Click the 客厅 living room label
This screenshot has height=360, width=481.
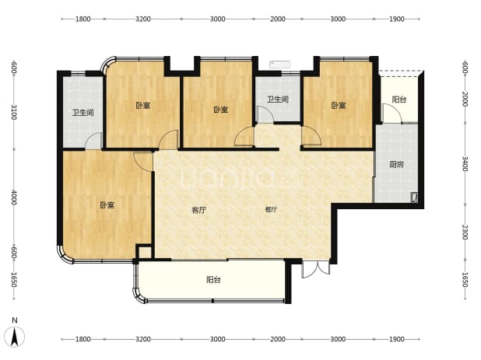click(x=198, y=210)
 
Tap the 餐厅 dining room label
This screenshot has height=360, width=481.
click(x=271, y=210)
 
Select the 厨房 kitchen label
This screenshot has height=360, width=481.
click(x=396, y=165)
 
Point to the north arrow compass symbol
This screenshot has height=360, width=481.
click(x=15, y=337)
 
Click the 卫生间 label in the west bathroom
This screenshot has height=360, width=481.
click(x=83, y=113)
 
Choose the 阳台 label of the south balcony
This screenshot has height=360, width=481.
click(x=213, y=280)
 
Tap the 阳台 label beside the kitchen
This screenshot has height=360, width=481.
click(x=399, y=100)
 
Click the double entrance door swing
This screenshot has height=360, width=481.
click(x=316, y=269)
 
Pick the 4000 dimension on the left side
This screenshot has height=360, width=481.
click(x=14, y=197)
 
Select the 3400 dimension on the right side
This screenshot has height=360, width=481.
click(x=465, y=164)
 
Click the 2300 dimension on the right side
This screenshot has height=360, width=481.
click(x=465, y=232)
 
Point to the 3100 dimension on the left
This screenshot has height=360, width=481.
click(x=14, y=112)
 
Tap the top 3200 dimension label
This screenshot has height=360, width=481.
click(x=143, y=19)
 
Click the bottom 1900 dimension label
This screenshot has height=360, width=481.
click(x=397, y=339)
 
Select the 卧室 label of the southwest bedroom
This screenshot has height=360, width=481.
click(x=107, y=205)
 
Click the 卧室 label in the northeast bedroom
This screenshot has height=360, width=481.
click(x=339, y=106)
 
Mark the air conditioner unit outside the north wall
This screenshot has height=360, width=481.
click(x=279, y=65)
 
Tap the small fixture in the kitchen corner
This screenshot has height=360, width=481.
click(x=414, y=197)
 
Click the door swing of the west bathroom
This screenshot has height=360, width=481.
click(x=93, y=141)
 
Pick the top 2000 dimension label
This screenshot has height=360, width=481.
click(x=278, y=19)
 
